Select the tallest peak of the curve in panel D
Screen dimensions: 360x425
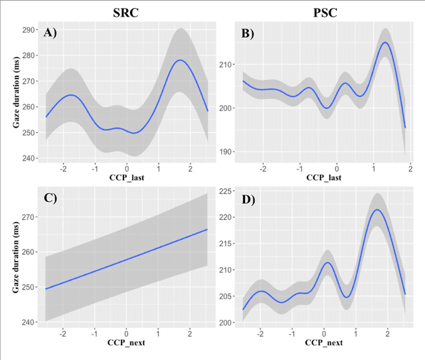[x=377, y=210]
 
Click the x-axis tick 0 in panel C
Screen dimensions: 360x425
[x=126, y=332]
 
